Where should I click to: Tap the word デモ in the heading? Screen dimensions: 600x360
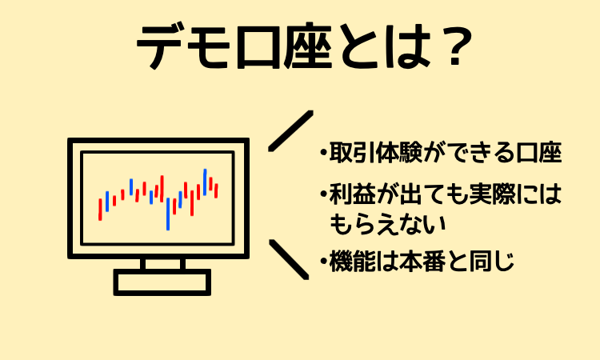[x=183, y=46]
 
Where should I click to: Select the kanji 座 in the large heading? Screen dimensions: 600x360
[x=307, y=46]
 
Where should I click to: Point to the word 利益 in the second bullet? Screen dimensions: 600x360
[x=352, y=194]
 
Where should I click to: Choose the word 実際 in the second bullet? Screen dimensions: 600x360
[x=492, y=194]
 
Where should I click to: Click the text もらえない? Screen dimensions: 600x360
[x=387, y=224]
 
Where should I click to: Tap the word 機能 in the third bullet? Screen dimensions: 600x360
[x=352, y=261]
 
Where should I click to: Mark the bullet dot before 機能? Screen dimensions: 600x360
[x=324, y=262]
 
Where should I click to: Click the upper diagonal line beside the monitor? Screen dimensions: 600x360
[x=291, y=131]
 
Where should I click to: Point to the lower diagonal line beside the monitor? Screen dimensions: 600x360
[x=289, y=259]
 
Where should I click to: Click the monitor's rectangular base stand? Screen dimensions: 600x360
[x=162, y=282]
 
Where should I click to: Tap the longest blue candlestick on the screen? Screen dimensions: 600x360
[x=168, y=214]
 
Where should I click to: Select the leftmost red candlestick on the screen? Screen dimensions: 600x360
[x=100, y=210]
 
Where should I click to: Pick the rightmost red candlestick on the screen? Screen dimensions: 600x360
[x=216, y=190]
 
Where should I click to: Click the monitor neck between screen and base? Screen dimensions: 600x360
[x=162, y=263]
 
